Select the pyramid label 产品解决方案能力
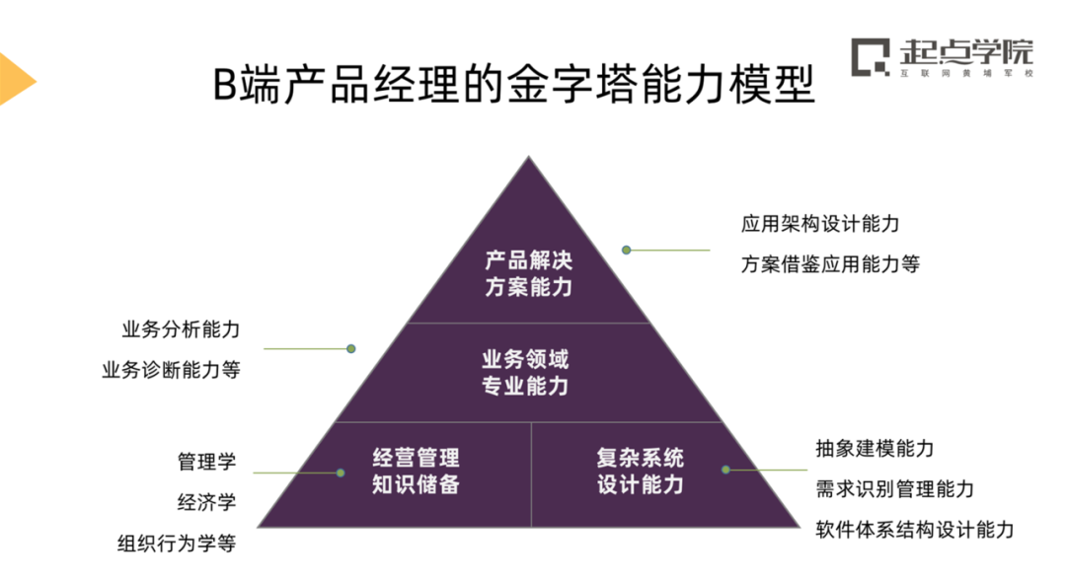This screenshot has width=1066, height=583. [528, 273]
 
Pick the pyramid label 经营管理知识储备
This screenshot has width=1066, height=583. [416, 471]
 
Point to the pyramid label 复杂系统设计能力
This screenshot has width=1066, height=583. [640, 471]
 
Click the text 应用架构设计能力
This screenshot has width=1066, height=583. [820, 224]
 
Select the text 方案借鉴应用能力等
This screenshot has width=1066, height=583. [830, 264]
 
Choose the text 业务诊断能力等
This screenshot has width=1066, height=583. [171, 371]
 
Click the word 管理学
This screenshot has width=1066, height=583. [207, 462]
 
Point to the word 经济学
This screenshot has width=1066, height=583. [207, 502]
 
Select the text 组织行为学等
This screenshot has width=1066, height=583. [177, 544]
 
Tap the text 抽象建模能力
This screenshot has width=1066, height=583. [875, 449]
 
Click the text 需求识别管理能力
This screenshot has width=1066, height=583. [894, 489]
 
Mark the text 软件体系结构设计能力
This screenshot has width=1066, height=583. [914, 530]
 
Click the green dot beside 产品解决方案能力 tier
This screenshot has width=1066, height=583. [626, 250]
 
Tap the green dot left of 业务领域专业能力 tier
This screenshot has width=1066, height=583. [350, 348]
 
